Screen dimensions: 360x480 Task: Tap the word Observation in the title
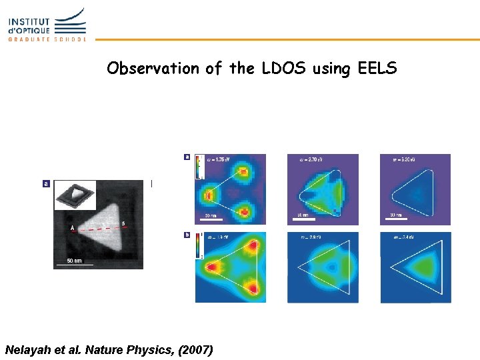(153, 69)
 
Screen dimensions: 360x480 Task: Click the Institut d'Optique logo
(47, 25)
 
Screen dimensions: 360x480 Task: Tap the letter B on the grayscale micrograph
(123, 223)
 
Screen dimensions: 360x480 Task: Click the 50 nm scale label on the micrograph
(74, 259)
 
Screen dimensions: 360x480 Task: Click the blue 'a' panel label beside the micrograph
(47, 183)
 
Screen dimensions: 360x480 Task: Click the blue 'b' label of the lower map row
(187, 235)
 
